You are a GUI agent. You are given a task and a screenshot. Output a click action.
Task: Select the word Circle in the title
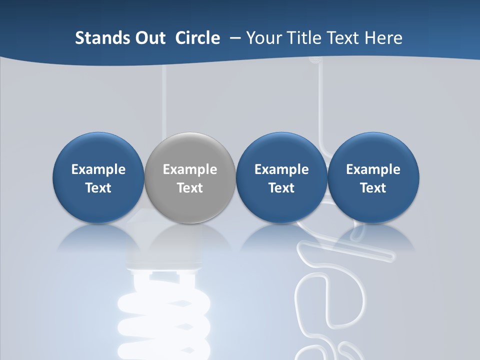tap(197, 38)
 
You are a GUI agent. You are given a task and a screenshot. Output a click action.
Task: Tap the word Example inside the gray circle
tap(190, 169)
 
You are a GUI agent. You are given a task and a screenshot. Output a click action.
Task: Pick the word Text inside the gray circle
tap(190, 188)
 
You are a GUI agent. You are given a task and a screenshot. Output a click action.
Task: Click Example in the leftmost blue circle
tap(98, 169)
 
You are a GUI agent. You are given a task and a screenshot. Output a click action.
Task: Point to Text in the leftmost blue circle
tap(98, 188)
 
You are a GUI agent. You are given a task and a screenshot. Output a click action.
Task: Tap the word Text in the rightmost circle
tap(373, 188)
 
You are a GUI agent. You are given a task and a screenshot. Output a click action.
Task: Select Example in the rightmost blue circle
tap(373, 169)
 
